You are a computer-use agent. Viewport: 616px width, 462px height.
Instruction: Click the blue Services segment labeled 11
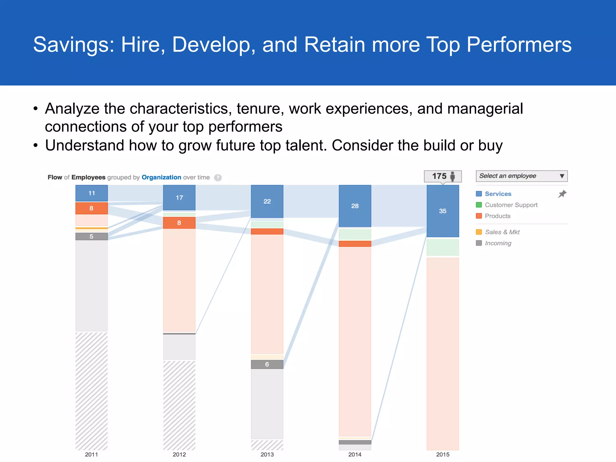pos(91,193)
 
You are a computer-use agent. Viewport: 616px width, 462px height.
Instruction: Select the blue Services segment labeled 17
pos(179,198)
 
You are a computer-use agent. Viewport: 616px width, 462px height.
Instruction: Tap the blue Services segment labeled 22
pos(267,201)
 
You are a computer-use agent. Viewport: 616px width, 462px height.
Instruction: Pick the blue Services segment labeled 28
pos(355,206)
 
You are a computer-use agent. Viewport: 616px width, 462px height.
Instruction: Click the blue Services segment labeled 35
pos(443,211)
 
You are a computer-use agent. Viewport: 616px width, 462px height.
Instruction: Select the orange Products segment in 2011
pos(91,208)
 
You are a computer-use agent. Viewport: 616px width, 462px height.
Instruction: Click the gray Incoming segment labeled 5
pos(91,236)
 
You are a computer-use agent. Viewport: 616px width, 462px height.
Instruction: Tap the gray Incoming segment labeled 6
pos(267,364)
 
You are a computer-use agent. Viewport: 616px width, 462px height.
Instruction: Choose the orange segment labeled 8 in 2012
pos(179,223)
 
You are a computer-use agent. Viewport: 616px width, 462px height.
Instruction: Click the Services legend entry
pos(498,194)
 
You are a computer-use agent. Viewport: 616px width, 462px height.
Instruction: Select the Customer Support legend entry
pos(511,205)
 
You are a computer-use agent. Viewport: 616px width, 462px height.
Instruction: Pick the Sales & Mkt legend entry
pos(502,232)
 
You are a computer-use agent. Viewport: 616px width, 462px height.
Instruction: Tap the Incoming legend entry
pos(498,243)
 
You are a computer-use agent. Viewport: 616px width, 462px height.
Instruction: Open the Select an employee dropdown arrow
pos(562,176)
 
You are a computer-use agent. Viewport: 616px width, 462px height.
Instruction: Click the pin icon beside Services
pos(562,194)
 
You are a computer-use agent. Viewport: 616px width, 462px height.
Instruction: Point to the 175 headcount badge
pos(442,176)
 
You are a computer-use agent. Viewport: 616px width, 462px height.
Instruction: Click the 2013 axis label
pos(267,454)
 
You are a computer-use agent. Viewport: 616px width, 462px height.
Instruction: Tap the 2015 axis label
pos(443,454)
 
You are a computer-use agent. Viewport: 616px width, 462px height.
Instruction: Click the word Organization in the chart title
pos(161,177)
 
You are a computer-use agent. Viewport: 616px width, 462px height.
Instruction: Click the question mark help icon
pos(218,178)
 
